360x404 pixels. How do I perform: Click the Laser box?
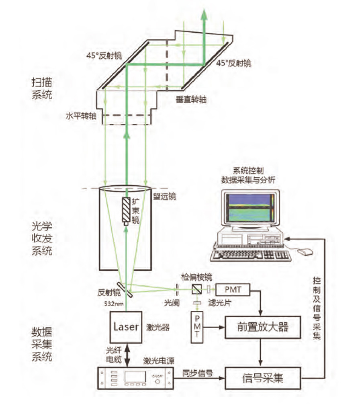pyautogui.click(x=127, y=326)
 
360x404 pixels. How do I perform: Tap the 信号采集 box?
pyautogui.click(x=263, y=377)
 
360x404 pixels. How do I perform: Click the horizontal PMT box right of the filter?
pyautogui.click(x=233, y=289)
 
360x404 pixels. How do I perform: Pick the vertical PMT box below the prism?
pyautogui.click(x=198, y=327)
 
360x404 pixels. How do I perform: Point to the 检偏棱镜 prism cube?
pyautogui.click(x=197, y=289)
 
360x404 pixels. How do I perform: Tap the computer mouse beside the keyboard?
pyautogui.click(x=306, y=252)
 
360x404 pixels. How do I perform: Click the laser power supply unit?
pyautogui.click(x=136, y=377)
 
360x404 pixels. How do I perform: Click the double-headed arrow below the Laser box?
pyautogui.click(x=127, y=354)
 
